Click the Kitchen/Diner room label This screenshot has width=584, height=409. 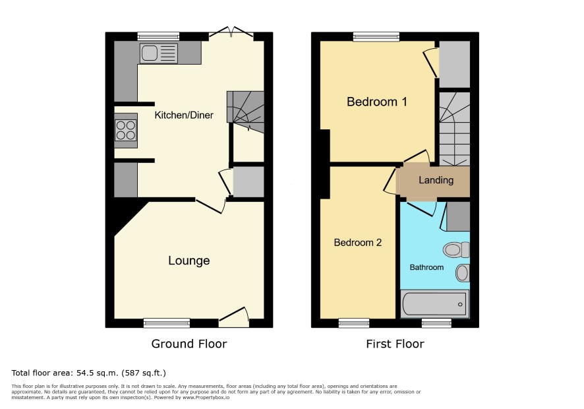(184, 115)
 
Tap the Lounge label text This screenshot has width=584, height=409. (189, 261)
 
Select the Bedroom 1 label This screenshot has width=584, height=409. (377, 102)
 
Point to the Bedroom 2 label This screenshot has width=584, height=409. (357, 243)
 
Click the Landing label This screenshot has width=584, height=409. (436, 181)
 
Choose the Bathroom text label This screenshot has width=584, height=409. (426, 267)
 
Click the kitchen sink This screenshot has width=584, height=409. (159, 53)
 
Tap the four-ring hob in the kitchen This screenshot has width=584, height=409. (125, 130)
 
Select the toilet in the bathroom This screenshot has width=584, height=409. (456, 249)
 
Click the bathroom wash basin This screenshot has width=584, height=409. (462, 273)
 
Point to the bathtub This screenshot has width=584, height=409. (434, 304)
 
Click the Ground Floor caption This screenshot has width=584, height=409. (189, 344)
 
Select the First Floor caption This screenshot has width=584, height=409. (395, 344)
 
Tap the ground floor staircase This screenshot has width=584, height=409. (245, 112)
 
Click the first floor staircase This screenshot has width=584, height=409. (454, 129)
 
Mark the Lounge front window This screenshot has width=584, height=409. (167, 323)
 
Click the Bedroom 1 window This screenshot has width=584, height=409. (376, 36)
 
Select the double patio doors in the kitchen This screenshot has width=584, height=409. (231, 33)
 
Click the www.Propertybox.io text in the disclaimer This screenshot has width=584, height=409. (206, 397)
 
